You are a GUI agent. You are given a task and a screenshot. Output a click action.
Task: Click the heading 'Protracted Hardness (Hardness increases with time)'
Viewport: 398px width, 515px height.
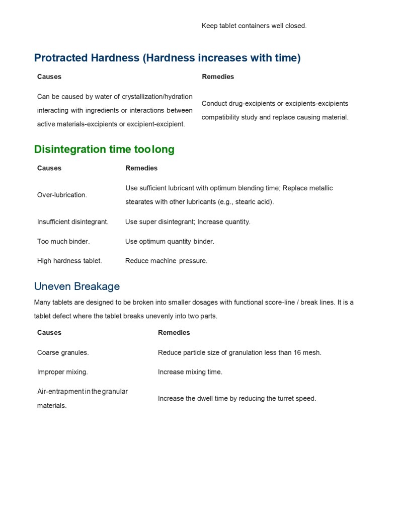[x=167, y=58]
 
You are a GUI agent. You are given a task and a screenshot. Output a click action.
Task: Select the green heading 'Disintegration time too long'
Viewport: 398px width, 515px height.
[x=104, y=150]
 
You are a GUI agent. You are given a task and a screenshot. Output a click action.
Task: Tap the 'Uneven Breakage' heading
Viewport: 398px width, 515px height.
[x=77, y=286]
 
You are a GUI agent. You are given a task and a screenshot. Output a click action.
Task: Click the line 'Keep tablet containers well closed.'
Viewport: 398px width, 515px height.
[x=254, y=26]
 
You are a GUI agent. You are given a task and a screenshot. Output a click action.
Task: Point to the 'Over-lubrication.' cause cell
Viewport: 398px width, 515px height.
[x=62, y=195]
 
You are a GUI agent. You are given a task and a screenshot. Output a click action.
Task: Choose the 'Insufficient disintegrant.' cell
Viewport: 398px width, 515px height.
[x=73, y=222]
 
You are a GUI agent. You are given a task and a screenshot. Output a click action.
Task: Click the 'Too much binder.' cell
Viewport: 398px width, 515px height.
[x=63, y=241]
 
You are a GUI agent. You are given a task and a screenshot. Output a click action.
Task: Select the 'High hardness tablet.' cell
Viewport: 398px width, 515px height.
[x=69, y=261]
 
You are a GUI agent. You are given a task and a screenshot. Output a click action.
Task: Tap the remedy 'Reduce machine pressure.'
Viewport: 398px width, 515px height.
[x=166, y=261]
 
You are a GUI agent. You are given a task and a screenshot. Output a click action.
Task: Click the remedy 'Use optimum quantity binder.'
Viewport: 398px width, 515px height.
[x=170, y=241]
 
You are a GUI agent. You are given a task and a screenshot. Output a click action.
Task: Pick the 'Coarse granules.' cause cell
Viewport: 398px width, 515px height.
[x=63, y=352]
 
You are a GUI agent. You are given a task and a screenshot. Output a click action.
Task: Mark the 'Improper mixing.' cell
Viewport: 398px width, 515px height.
[x=62, y=372]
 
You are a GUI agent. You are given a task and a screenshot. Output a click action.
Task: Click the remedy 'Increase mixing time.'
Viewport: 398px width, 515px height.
[x=190, y=372]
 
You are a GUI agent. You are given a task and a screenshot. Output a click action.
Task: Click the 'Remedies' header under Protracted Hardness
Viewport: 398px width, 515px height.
[x=218, y=77]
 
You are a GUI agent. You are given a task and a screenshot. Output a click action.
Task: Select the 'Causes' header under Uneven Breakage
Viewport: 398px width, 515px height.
[x=49, y=333]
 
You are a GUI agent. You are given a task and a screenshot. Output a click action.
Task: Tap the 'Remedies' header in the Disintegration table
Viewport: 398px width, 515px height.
[x=141, y=168]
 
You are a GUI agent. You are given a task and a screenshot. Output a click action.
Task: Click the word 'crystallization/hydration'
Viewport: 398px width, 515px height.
[x=157, y=97]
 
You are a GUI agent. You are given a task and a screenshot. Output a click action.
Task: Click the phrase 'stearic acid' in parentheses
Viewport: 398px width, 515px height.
[x=253, y=202]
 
